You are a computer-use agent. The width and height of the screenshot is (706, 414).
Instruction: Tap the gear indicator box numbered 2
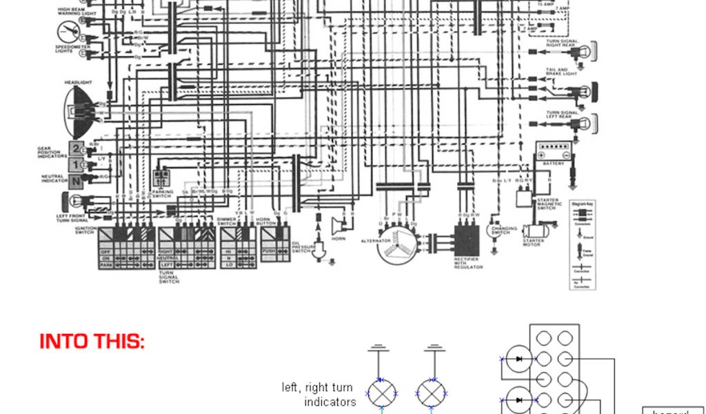76,149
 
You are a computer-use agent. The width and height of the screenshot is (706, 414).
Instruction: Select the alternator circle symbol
396,245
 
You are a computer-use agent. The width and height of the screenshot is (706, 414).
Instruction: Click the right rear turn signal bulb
587,50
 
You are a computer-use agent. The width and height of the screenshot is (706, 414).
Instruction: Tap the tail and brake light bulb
587,90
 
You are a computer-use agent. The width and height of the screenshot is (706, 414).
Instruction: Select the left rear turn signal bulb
587,124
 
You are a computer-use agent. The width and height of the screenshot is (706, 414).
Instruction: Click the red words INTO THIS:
92,342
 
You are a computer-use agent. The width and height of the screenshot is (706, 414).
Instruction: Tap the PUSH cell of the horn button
270,250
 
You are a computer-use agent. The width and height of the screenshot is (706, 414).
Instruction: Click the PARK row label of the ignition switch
106,264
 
